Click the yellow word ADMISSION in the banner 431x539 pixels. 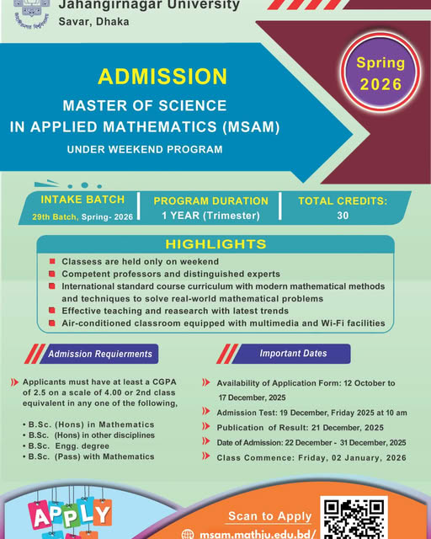[162, 76]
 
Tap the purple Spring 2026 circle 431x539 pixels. [380, 74]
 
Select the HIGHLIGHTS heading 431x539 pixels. [215, 244]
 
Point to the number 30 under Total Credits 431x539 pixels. [343, 215]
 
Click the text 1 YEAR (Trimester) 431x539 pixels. [210, 215]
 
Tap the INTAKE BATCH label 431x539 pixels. [82, 200]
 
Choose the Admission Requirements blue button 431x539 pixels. [100, 354]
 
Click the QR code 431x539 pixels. [354, 519]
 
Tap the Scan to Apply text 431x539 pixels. [270, 515]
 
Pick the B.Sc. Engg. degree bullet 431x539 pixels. [89, 446]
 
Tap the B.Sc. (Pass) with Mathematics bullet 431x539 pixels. [100, 456]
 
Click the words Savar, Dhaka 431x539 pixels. [93, 21]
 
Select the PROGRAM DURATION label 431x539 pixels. [210, 200]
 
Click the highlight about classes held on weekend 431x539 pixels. [140, 262]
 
